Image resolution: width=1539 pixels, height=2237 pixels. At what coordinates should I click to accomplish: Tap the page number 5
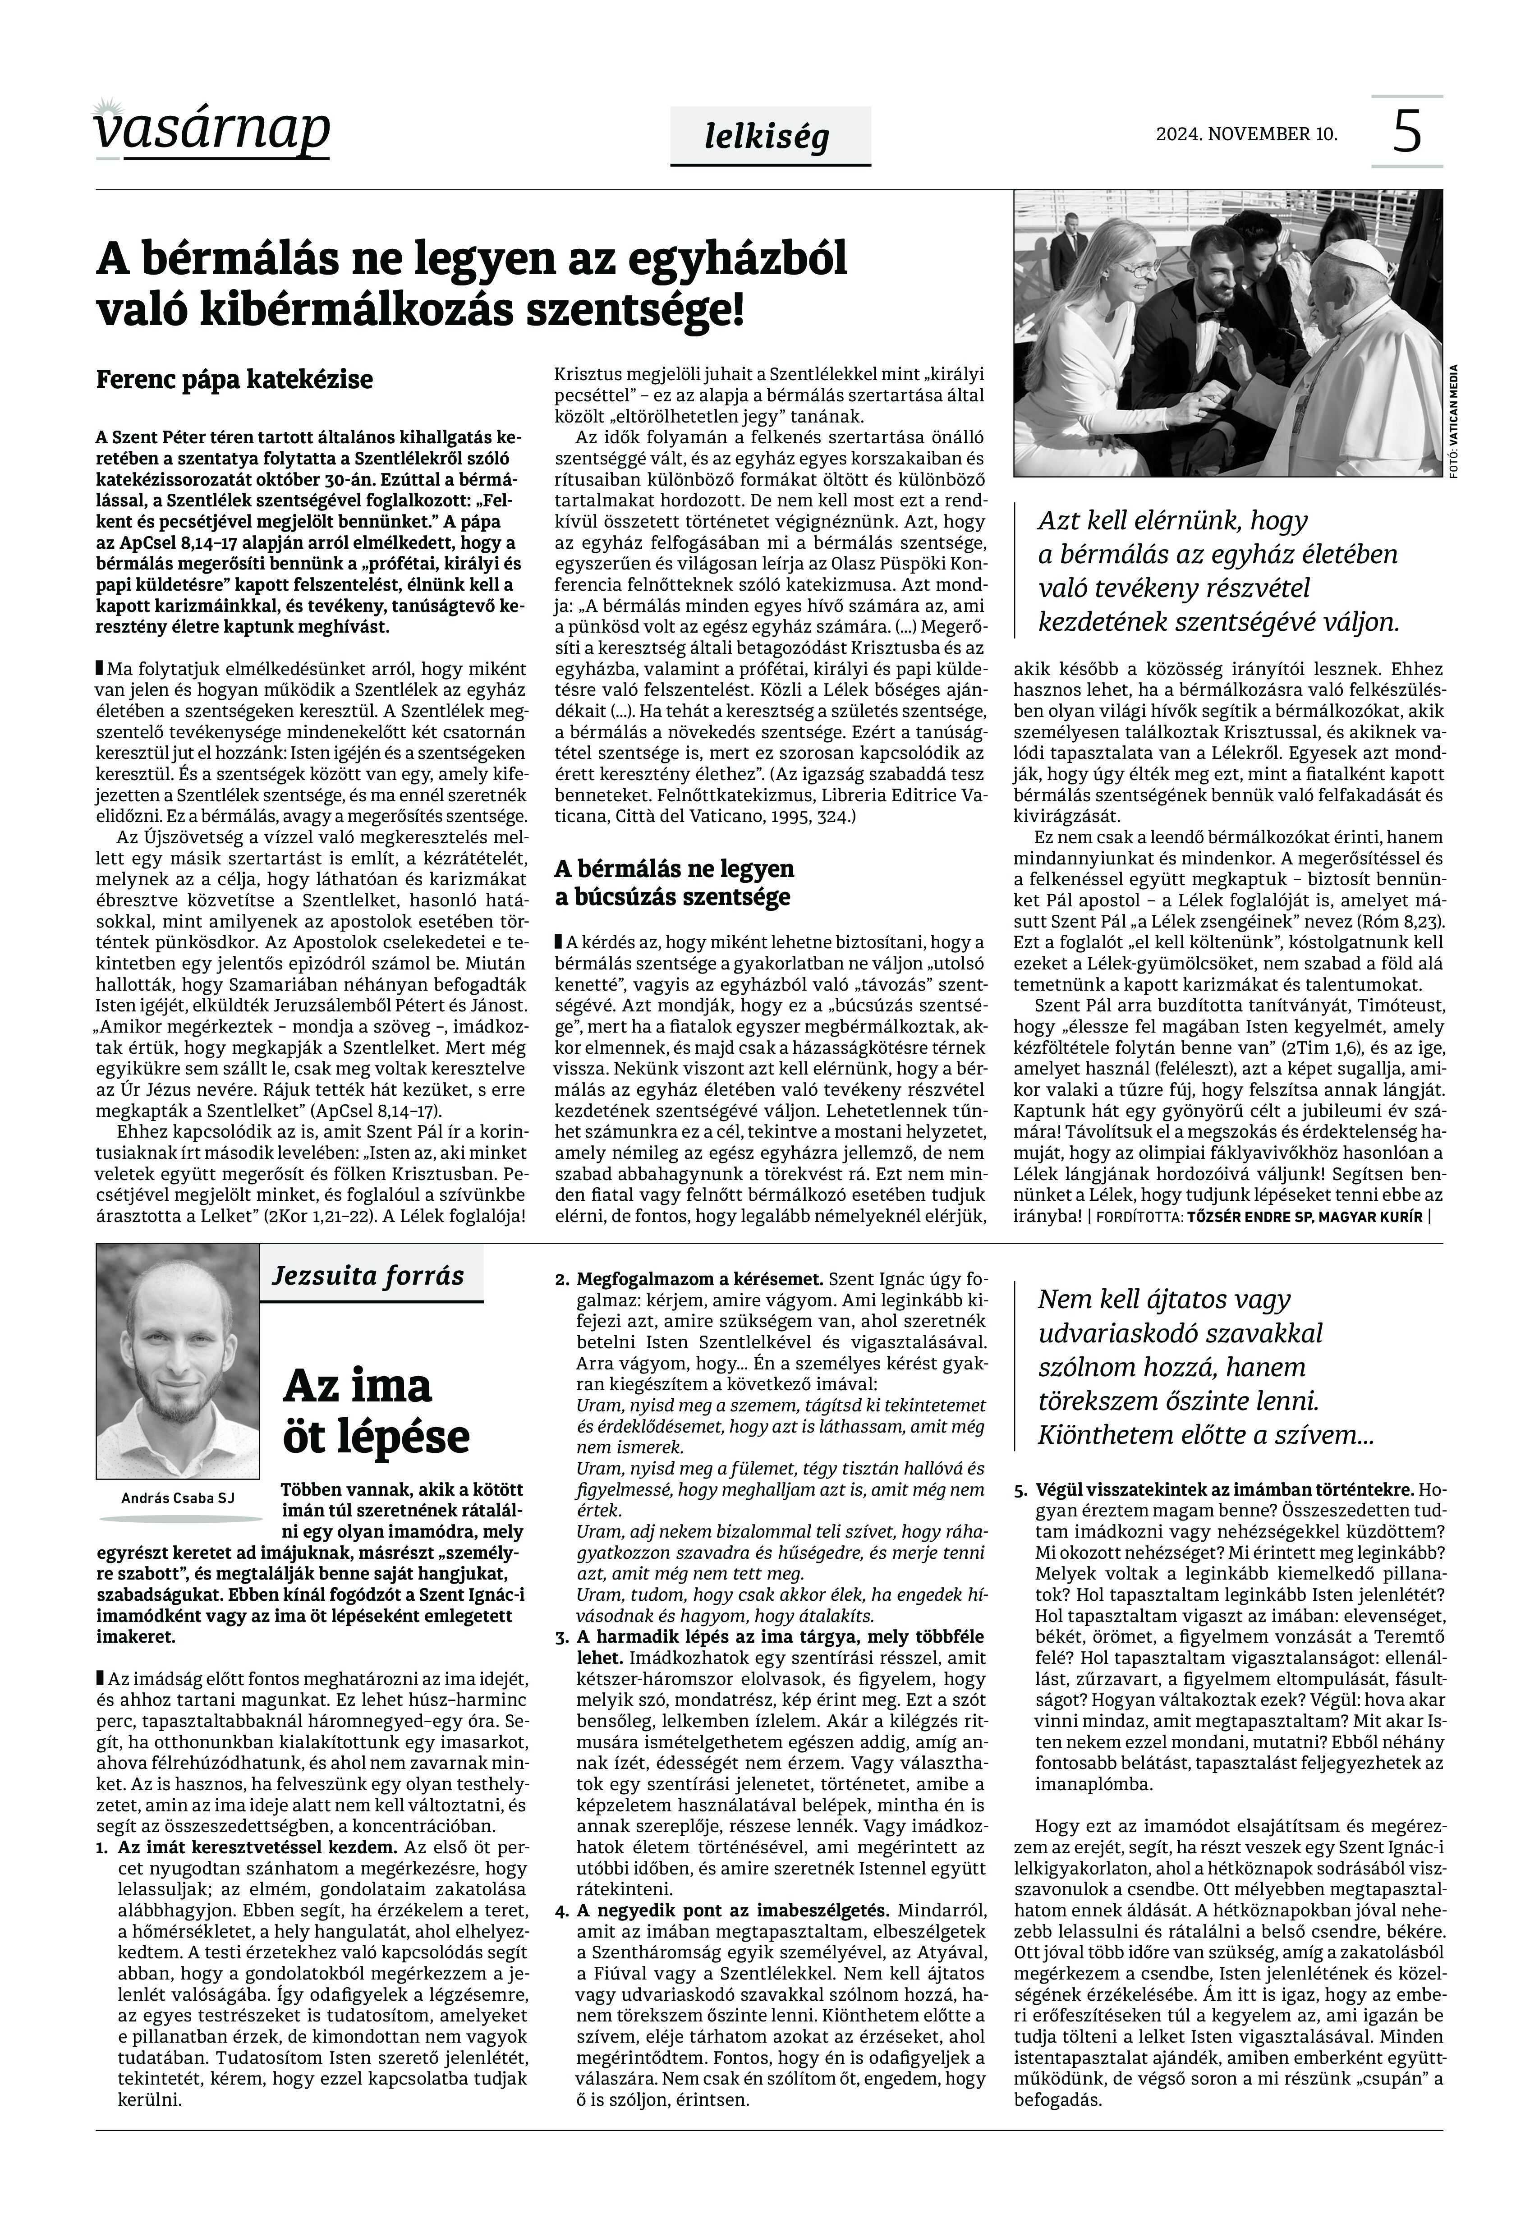pos(1407,132)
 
